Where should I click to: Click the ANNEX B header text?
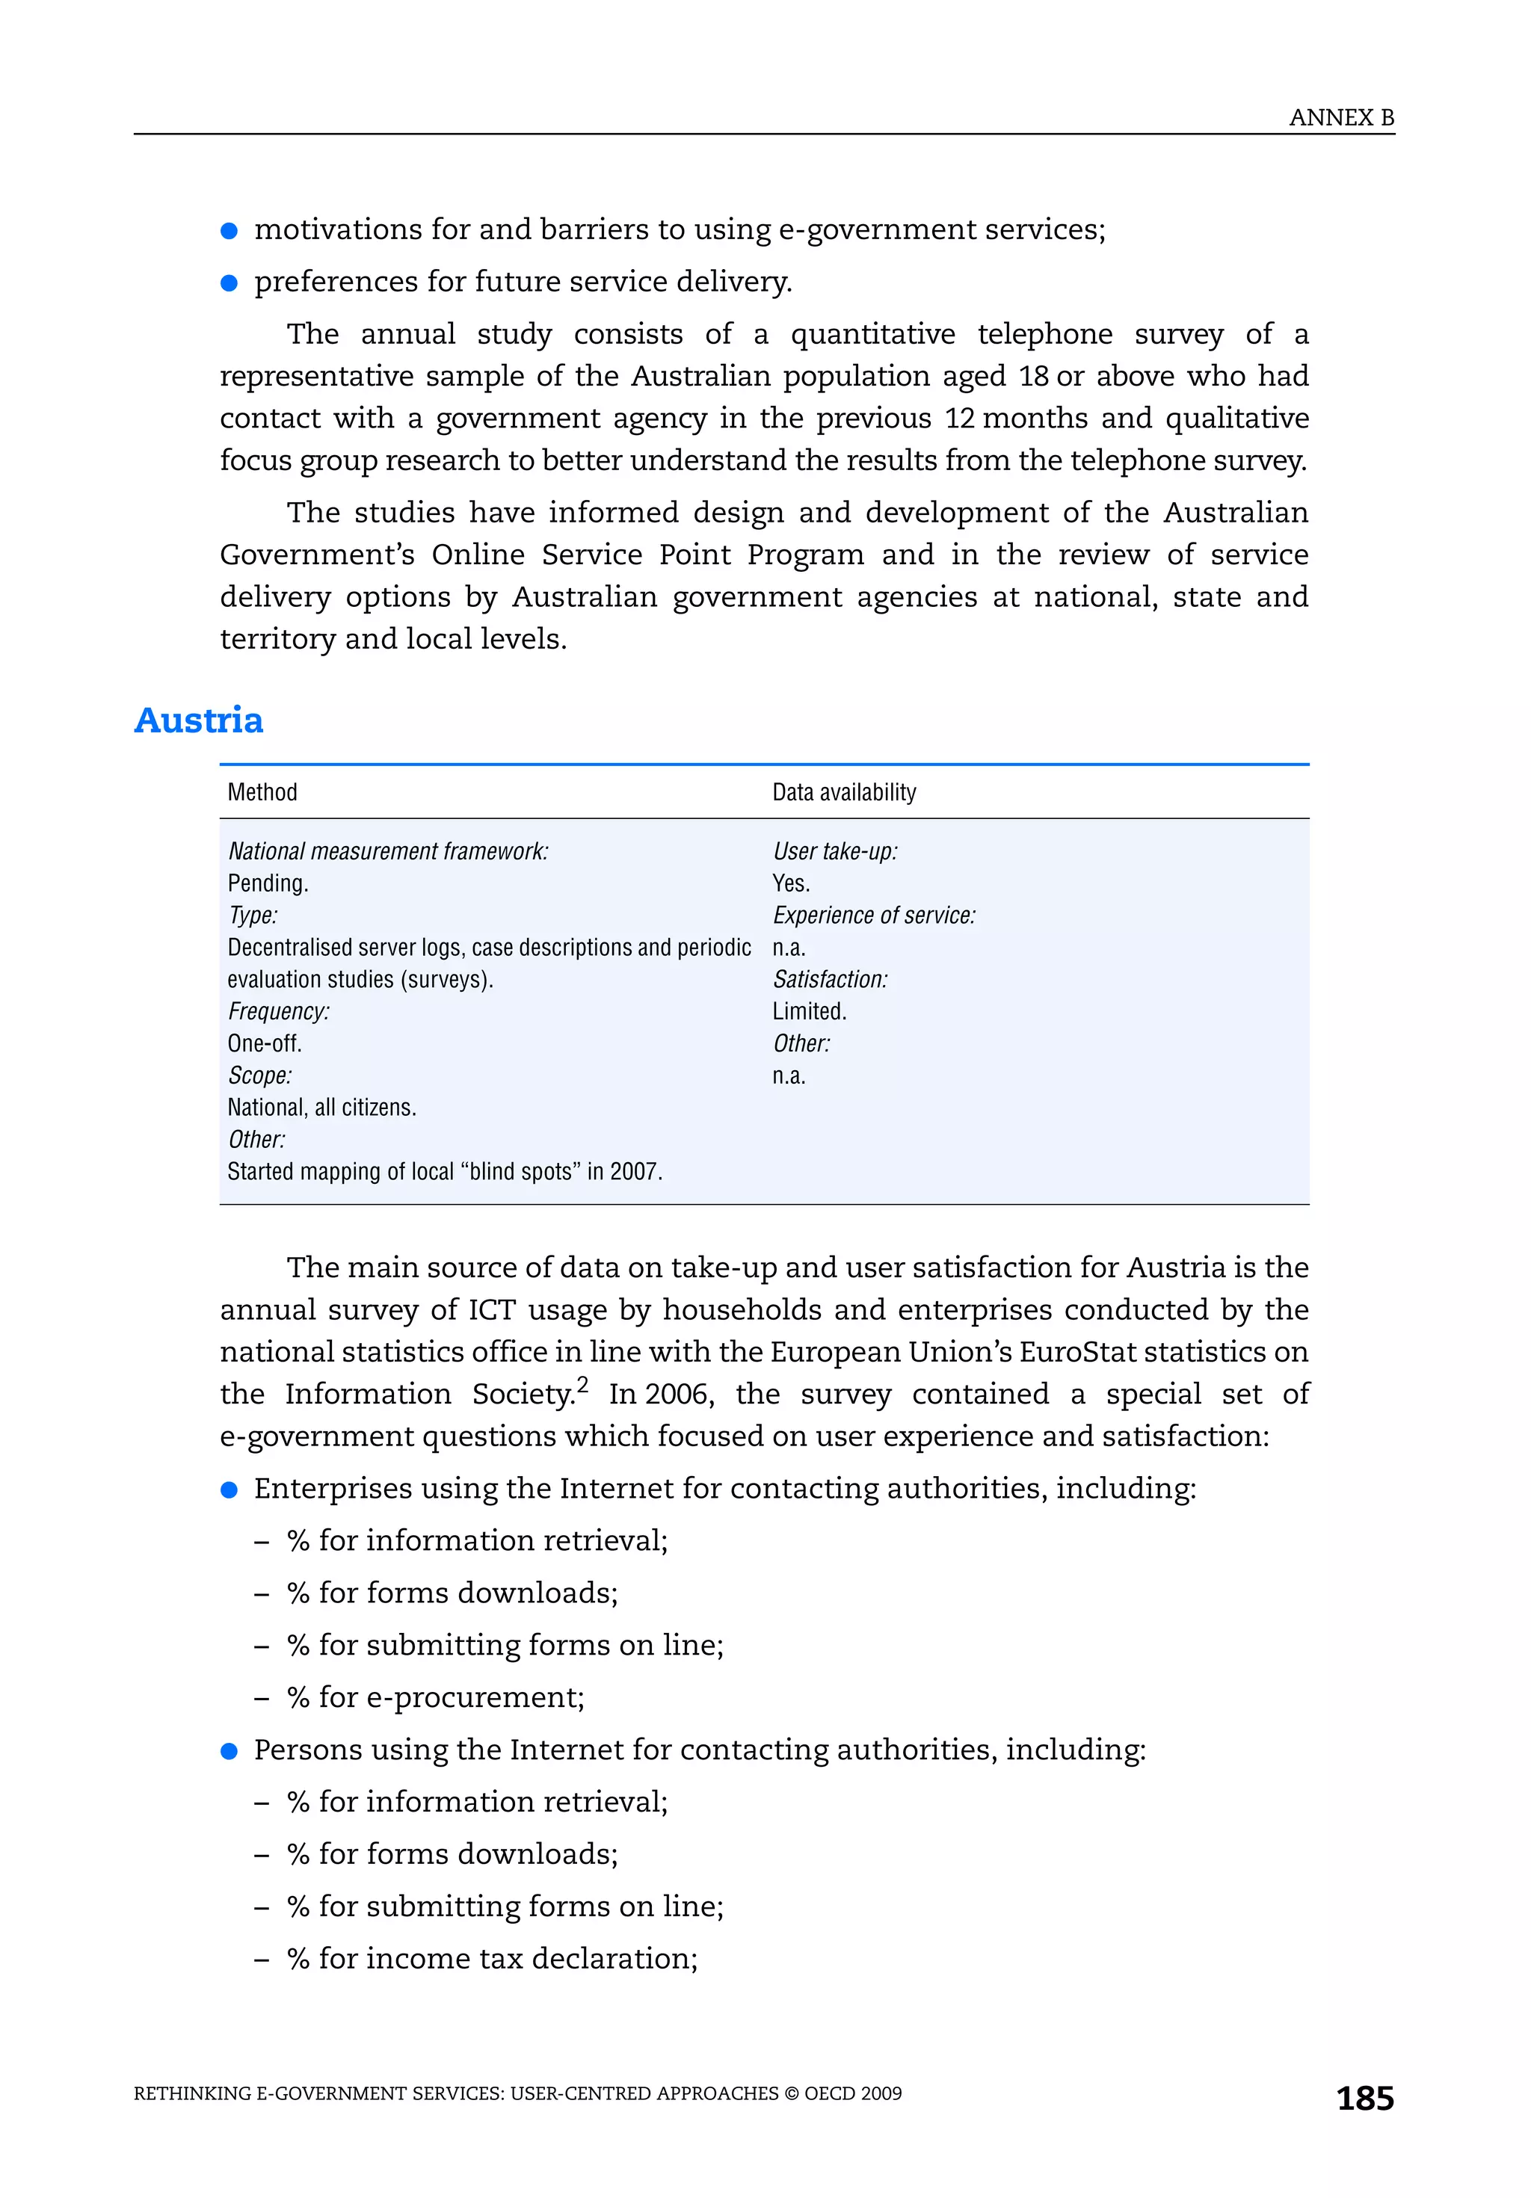1340,118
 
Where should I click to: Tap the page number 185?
1364,2098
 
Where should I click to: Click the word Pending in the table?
266,883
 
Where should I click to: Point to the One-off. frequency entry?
265,1043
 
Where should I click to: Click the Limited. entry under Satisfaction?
809,1011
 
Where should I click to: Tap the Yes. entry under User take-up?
791,883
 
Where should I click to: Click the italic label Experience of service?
873,916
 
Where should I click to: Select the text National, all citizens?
321,1107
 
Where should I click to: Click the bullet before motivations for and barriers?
229,231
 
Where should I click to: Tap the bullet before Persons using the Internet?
229,1750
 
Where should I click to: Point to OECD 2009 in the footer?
853,2093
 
